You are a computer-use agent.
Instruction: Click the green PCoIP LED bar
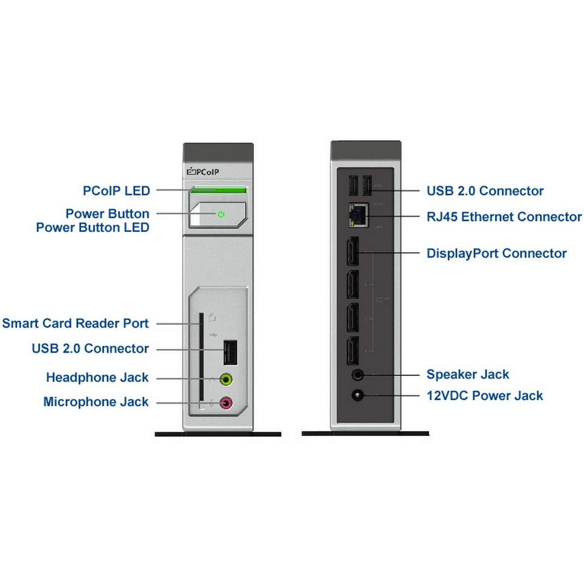tap(218, 191)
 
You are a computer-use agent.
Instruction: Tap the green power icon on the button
tap(221, 214)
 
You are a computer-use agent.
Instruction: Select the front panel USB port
tap(230, 350)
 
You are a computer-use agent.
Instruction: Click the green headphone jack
tap(227, 379)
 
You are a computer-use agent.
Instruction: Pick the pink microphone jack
tap(227, 403)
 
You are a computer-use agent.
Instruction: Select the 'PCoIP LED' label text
tap(116, 191)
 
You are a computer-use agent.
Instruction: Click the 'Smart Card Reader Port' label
tap(76, 323)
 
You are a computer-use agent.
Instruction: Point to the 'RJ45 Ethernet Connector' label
tap(504, 217)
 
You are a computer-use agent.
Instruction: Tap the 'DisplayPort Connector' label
tap(496, 253)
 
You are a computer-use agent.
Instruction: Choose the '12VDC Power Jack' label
tap(485, 396)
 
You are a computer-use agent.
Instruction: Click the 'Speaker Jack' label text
tap(468, 375)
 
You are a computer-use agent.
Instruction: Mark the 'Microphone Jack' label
tap(96, 402)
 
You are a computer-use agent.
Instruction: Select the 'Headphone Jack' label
tap(97, 378)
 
